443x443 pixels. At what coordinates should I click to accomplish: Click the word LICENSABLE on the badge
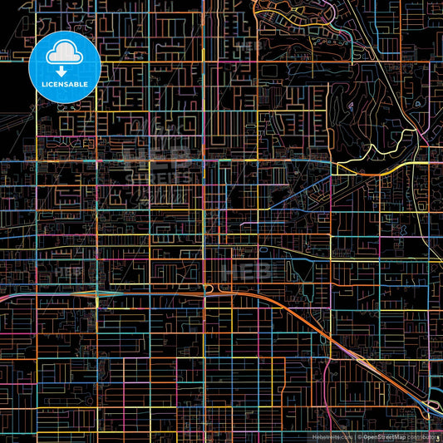[65, 83]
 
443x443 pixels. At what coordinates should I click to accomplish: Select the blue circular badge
[65, 68]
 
